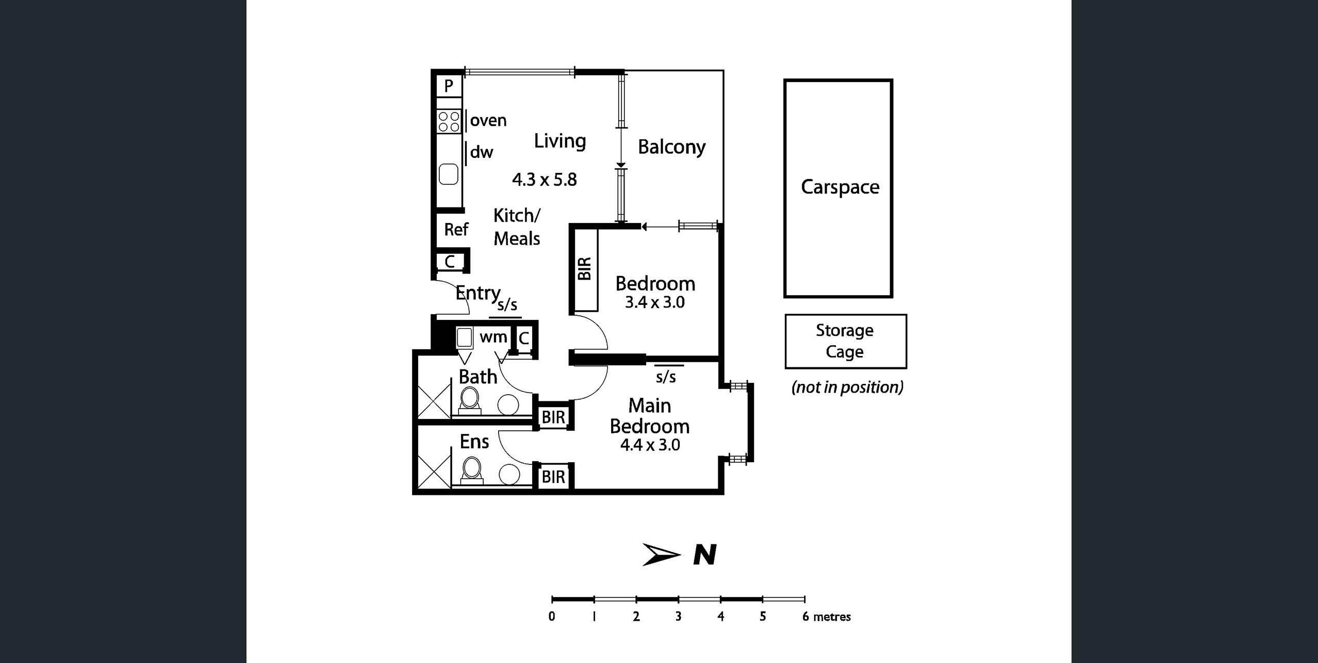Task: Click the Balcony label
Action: click(671, 147)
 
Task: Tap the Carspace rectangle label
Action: click(839, 187)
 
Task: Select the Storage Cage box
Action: click(845, 341)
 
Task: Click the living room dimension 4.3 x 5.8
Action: click(544, 180)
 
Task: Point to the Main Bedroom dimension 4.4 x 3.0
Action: click(650, 445)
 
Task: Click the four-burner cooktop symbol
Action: click(449, 122)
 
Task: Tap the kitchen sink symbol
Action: click(448, 174)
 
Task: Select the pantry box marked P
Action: click(449, 86)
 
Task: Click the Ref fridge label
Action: click(456, 229)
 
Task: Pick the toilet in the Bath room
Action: click(469, 399)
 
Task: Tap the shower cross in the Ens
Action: click(434, 471)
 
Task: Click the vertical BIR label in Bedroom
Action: click(584, 269)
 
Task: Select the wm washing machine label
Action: click(493, 337)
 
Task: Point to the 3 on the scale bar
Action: click(678, 617)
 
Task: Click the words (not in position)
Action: click(847, 387)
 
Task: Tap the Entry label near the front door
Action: click(477, 293)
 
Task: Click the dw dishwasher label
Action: click(481, 152)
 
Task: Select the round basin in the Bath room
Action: click(509, 405)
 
